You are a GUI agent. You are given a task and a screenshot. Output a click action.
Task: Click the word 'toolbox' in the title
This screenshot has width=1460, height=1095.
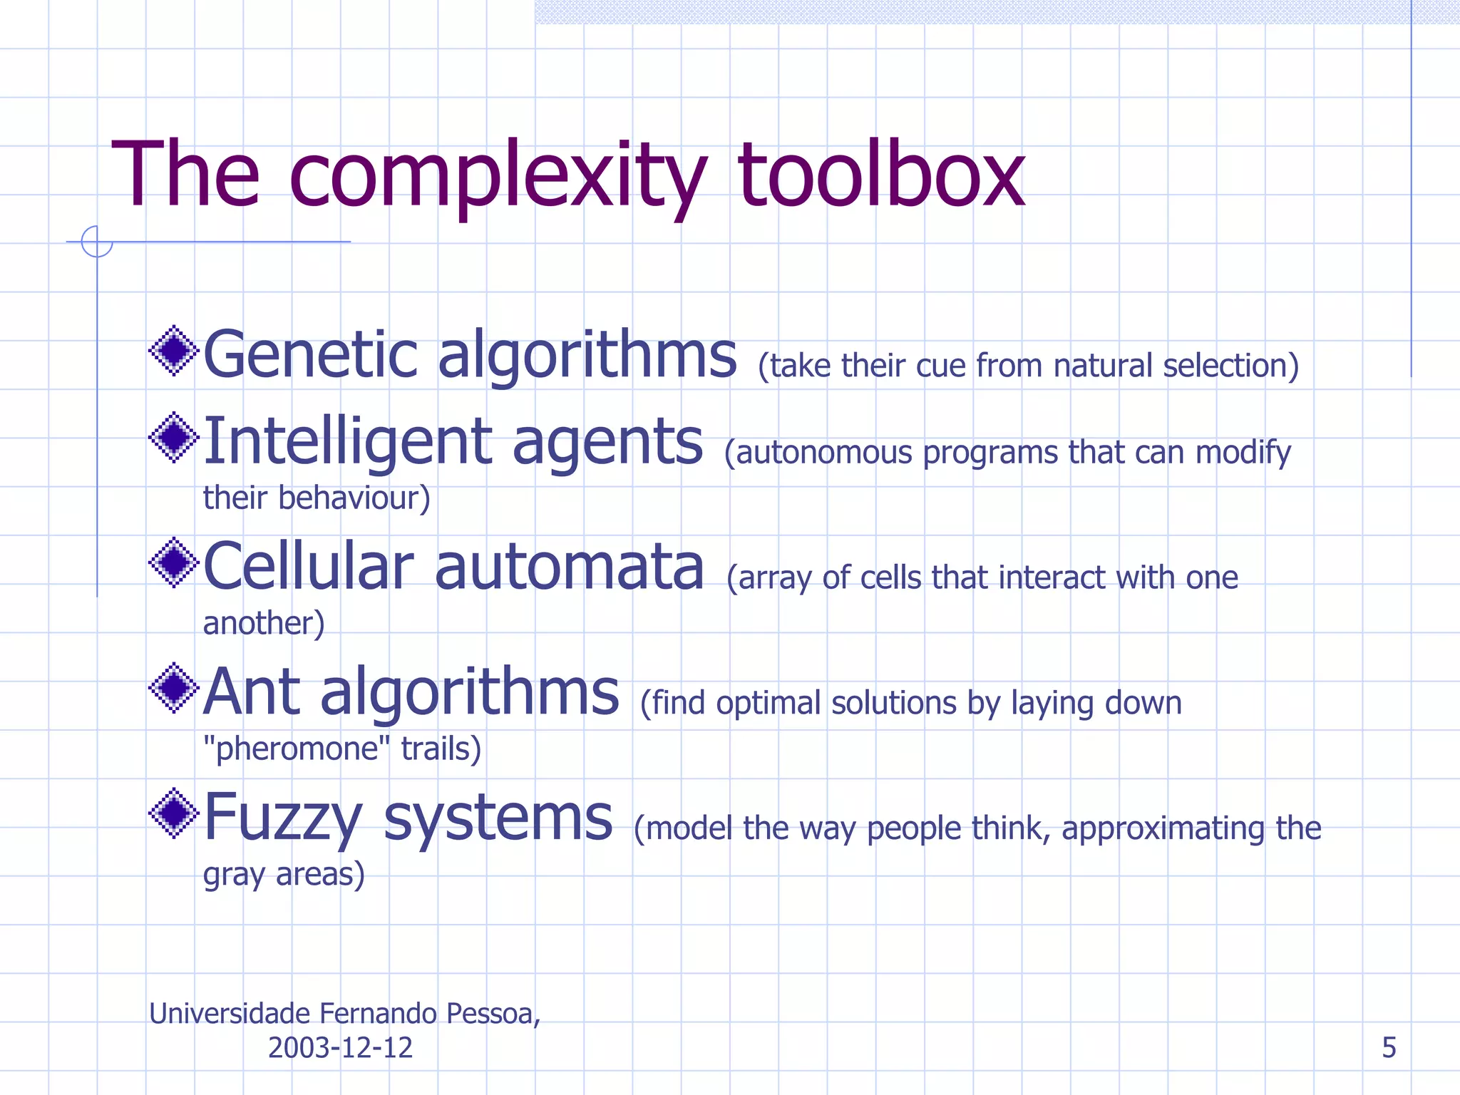(x=881, y=175)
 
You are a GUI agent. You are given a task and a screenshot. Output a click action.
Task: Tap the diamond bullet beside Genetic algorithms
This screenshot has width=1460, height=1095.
(x=173, y=350)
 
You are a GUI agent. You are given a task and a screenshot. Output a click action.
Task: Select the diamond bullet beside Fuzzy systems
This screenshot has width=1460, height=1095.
(x=173, y=813)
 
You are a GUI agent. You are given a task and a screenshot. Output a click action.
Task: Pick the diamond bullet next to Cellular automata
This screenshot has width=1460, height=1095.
(x=173, y=562)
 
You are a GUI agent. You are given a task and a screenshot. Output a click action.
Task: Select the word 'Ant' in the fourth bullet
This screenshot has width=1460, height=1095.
(x=252, y=692)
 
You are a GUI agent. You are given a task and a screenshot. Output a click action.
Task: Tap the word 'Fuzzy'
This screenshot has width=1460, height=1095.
(x=283, y=818)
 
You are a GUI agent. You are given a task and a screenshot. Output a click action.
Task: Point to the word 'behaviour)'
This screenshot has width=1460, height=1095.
(x=354, y=498)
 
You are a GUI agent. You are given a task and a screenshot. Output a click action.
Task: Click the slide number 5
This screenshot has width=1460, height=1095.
(x=1389, y=1047)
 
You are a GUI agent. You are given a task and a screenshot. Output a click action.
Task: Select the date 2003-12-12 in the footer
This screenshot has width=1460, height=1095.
(x=340, y=1048)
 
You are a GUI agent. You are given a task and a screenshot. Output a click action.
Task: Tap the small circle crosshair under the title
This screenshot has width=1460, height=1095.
(x=97, y=242)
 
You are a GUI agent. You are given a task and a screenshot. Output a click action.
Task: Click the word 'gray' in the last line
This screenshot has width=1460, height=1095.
(x=233, y=875)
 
